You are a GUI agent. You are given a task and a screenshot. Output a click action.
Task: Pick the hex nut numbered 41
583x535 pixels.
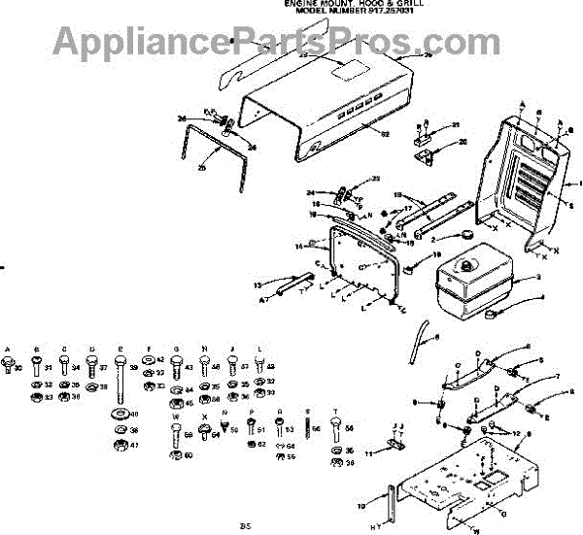click(x=120, y=445)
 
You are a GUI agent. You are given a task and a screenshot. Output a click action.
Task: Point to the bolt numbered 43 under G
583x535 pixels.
click(x=176, y=369)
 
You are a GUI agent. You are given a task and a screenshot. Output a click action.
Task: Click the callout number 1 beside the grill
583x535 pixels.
click(x=579, y=183)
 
